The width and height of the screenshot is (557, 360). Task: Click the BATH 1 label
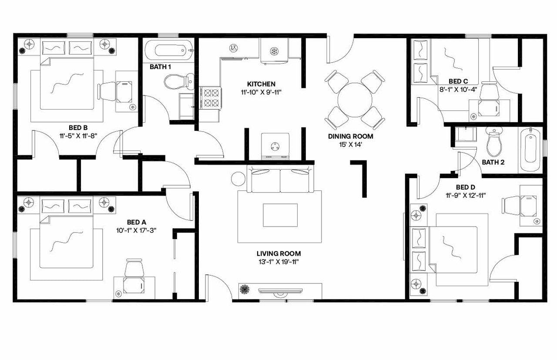[160, 67]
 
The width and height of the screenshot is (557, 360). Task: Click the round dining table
[355, 100]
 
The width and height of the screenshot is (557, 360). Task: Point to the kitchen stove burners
[211, 98]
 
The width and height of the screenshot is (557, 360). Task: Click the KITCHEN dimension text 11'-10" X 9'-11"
[261, 91]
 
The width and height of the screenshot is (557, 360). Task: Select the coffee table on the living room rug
[280, 215]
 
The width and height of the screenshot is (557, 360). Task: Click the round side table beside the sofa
[238, 179]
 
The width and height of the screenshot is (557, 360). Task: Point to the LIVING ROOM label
[278, 253]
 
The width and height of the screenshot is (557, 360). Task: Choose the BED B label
[78, 127]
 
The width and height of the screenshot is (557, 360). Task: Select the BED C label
[458, 81]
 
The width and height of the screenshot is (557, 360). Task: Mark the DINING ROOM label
[350, 136]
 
